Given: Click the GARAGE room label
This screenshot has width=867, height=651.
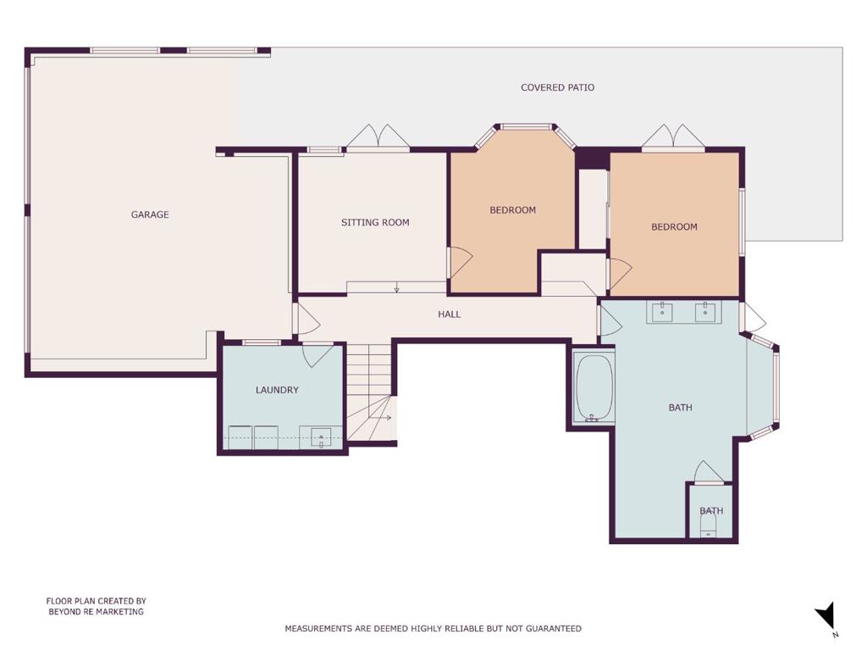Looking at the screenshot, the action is (150, 214).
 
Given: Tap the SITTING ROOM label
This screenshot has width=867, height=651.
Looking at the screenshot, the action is (375, 223).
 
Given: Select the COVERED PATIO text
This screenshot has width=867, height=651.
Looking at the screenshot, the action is (557, 87).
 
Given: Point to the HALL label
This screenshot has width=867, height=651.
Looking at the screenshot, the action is (449, 314).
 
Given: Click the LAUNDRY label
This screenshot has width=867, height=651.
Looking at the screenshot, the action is (277, 390).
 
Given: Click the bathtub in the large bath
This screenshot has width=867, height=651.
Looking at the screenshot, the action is (594, 388).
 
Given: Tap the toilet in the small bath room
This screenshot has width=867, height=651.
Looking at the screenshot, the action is (709, 523).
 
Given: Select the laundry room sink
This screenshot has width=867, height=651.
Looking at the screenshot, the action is (321, 438).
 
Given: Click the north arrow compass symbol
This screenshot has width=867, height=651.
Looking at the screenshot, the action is (826, 616).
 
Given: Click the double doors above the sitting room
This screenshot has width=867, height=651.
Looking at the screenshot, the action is (378, 136).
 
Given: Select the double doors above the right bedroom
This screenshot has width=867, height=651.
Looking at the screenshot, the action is (673, 136).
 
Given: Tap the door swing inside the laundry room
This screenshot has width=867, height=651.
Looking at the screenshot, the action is (318, 354).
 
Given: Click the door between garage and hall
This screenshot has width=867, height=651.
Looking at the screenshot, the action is (306, 319).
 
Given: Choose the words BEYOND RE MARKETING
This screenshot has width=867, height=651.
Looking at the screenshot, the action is (97, 612).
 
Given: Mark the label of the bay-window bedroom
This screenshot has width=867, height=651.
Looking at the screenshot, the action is (512, 210).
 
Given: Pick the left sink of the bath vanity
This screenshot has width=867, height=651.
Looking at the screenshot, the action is (662, 312).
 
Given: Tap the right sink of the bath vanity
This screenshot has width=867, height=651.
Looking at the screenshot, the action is (705, 312).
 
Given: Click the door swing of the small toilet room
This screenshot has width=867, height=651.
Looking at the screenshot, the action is (709, 471).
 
